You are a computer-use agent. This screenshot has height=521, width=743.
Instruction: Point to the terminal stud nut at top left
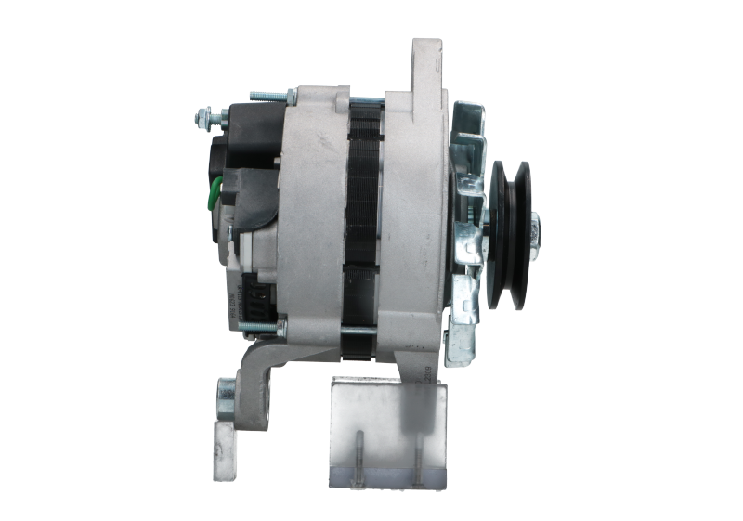click(x=201, y=118)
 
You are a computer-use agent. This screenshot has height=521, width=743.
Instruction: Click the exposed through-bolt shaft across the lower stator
click(x=362, y=329)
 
